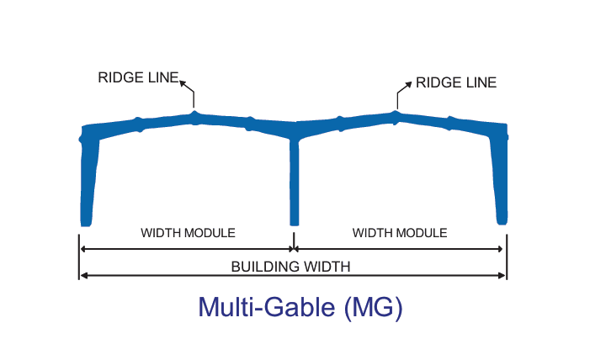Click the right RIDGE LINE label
456,82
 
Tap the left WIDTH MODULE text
188,233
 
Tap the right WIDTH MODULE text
400,233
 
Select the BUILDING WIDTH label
290,267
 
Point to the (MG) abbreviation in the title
374,307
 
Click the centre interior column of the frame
294,177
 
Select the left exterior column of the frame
88,177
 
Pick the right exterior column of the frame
502,177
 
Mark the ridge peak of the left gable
194,116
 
